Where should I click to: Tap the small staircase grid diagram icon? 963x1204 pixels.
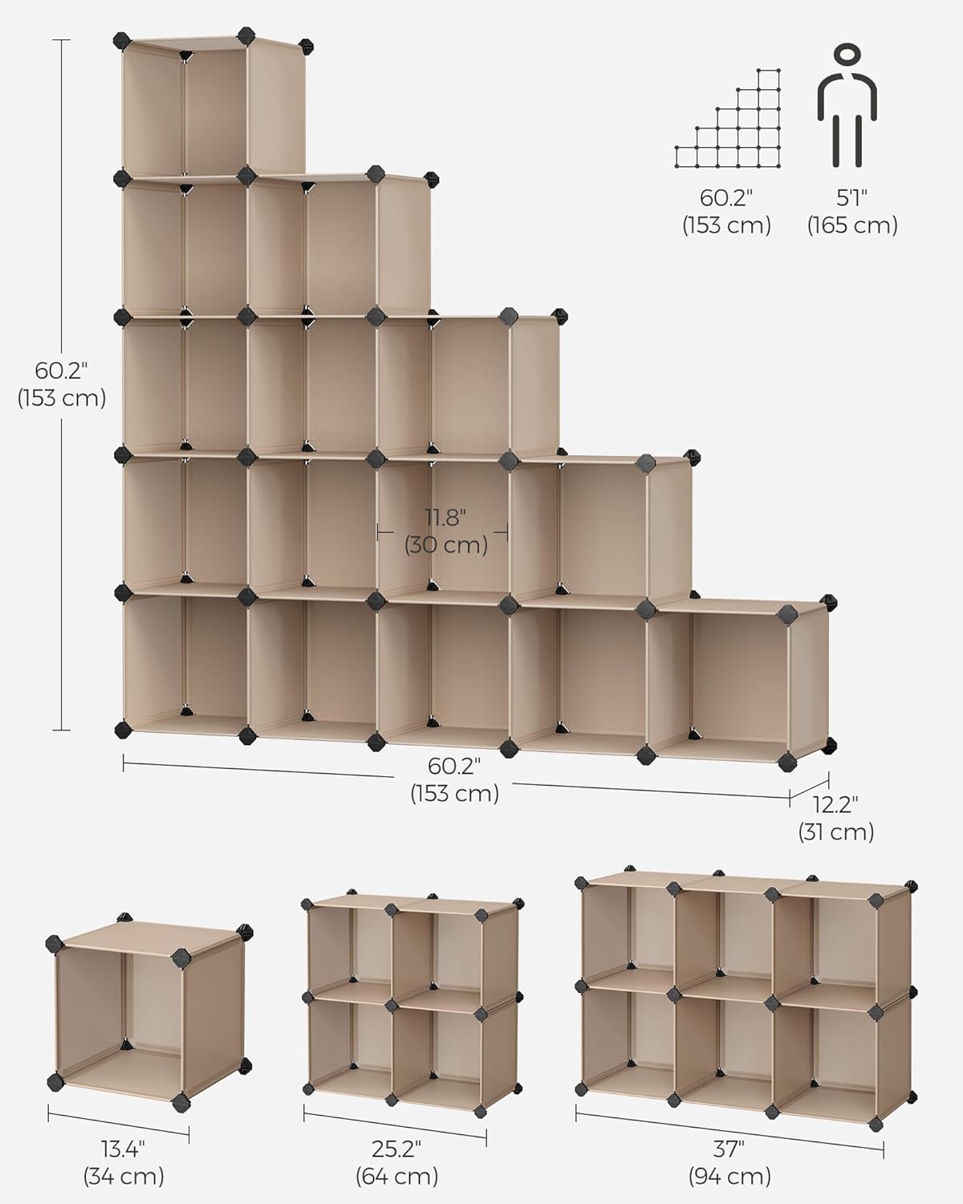pos(728,120)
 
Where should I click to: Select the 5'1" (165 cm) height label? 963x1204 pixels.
pos(851,211)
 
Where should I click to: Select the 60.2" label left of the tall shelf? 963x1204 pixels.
pos(62,384)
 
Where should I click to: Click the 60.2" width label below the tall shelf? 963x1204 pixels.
pos(454,779)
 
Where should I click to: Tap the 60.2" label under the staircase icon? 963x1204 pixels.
pos(726,211)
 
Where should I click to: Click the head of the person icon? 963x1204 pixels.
pos(847,58)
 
